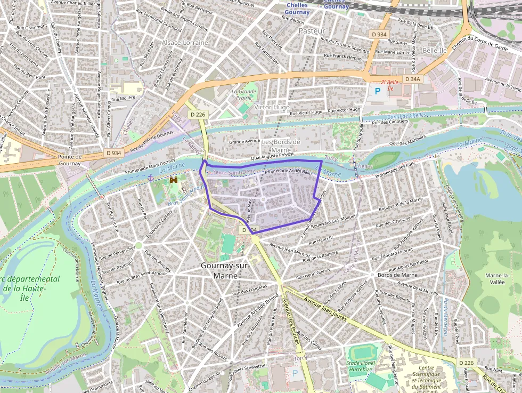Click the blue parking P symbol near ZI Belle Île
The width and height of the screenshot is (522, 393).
coord(378,91)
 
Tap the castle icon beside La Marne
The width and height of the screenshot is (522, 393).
coord(173,181)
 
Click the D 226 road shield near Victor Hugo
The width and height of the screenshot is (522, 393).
coord(197,115)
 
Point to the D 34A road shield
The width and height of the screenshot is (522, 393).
coord(412,79)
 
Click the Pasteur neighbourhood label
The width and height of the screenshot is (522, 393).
coord(312,31)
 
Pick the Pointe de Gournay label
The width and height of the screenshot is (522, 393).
coord(70,160)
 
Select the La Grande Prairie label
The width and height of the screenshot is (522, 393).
coord(244,94)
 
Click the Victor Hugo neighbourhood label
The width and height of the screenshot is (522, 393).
coord(272,107)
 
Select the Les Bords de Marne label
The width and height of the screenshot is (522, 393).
coord(281,146)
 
